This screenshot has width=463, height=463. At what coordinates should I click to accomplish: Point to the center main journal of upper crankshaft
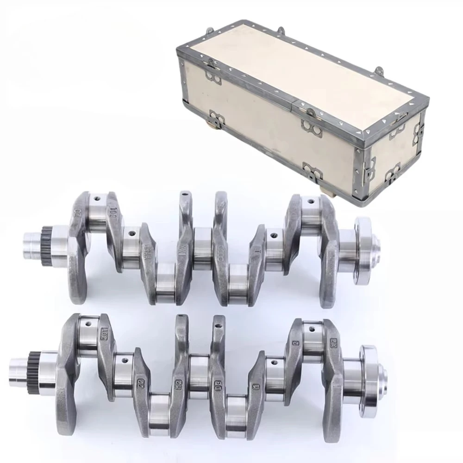(x=202, y=248)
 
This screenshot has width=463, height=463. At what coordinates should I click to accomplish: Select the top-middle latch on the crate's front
(x=311, y=125)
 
